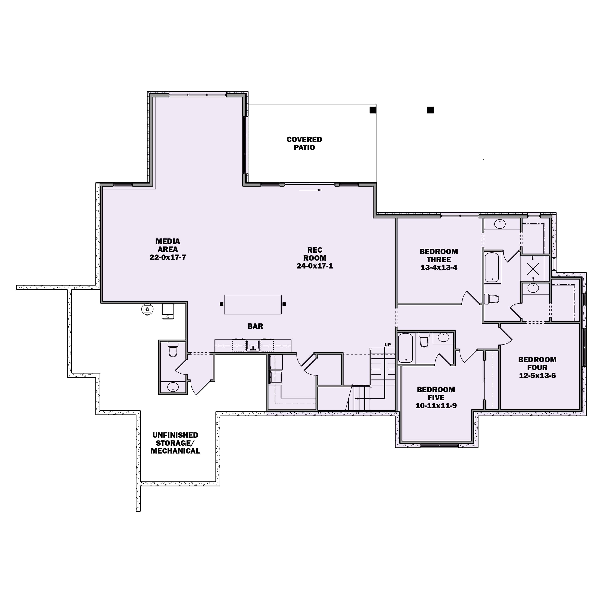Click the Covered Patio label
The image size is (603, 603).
[304, 144]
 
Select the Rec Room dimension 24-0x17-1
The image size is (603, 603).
[315, 266]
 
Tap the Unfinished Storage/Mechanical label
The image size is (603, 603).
[175, 443]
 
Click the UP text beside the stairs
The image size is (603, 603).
[387, 345]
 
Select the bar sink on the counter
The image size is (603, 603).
[253, 345]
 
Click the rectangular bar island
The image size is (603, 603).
[253, 304]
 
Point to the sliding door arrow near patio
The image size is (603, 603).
[310, 190]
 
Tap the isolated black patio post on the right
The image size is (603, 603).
[430, 110]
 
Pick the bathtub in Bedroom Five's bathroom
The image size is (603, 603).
[406, 348]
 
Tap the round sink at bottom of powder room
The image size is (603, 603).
[173, 387]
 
